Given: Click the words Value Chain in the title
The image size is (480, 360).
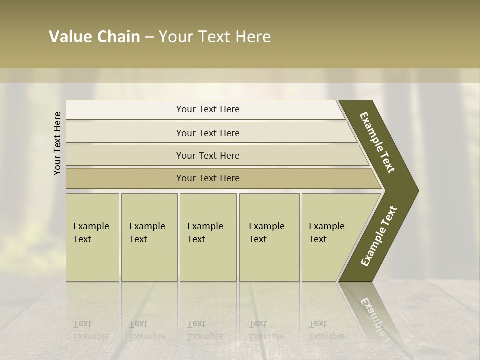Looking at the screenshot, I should point(94,37).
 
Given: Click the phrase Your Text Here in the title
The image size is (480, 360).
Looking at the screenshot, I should point(215,37).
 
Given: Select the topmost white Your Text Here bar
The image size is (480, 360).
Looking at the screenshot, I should point(208,109).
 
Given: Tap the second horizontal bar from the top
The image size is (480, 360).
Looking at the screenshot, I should point(208,133).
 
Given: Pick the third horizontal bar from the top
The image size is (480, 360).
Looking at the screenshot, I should point(208,155).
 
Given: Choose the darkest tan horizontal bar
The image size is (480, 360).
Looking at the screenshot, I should point(208,178).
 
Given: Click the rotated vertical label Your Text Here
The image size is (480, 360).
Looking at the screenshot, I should point(57,143).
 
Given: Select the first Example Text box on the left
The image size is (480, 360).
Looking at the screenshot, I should point(92,237).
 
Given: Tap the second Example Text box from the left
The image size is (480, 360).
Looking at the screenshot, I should point(149,237).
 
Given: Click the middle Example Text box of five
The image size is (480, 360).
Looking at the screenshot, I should point(208,237).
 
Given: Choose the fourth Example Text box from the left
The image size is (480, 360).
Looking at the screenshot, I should point(269,237).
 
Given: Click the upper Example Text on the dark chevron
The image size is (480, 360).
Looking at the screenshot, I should point(377,142).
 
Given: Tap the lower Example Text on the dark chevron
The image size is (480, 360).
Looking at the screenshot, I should point(379,236).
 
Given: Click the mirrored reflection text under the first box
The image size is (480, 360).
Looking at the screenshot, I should point(91,330).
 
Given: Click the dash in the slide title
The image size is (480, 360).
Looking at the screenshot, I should point(149,37).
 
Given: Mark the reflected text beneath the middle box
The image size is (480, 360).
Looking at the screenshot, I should point(205,330).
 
